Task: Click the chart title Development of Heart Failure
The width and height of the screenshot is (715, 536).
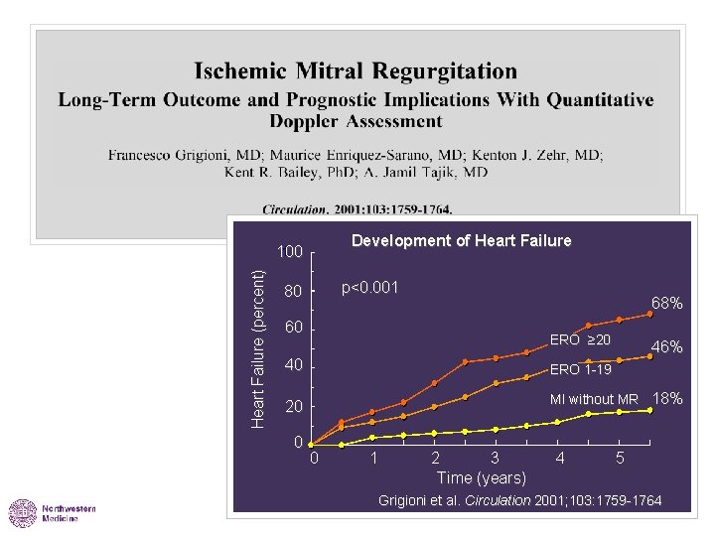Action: (x=462, y=240)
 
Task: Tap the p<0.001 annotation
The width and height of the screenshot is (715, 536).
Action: (x=369, y=288)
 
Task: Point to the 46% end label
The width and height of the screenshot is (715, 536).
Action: (x=665, y=346)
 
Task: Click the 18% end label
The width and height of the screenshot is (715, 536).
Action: (x=667, y=398)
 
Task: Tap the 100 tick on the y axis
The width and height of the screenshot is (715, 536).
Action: (x=289, y=252)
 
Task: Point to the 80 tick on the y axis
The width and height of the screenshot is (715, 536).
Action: (x=292, y=292)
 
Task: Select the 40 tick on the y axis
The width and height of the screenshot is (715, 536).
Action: (x=292, y=367)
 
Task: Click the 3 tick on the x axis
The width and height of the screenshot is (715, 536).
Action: (x=496, y=459)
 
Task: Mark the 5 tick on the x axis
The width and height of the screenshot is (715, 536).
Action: (x=620, y=459)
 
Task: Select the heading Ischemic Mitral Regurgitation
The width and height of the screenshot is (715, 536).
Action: (x=356, y=71)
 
